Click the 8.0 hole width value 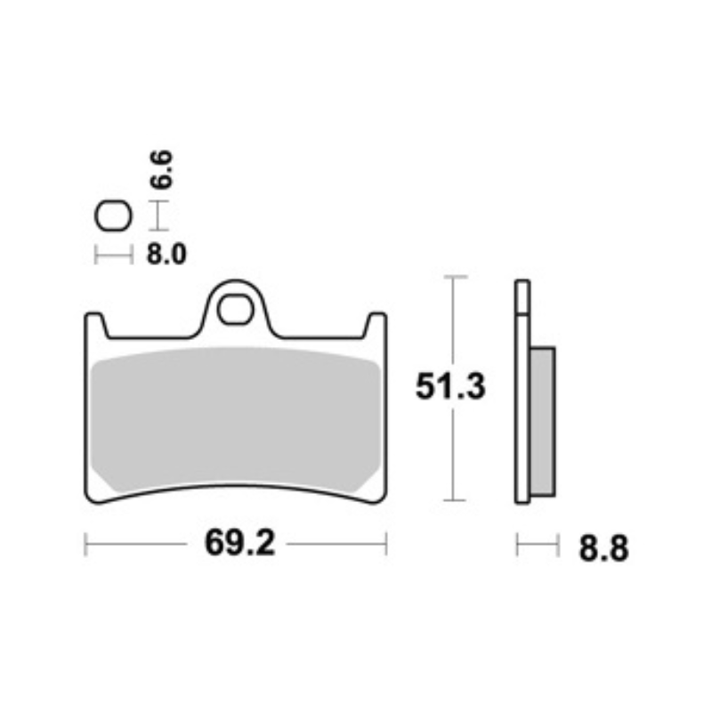165,256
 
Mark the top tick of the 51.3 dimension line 455,278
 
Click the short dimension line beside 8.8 537,544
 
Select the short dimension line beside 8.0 113,256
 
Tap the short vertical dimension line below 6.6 158,214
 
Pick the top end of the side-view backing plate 522,285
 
